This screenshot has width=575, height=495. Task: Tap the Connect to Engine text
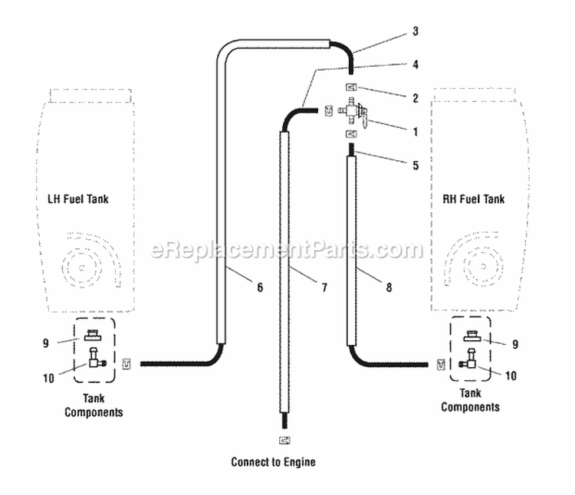tap(273, 462)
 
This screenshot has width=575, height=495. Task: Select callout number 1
tap(415, 131)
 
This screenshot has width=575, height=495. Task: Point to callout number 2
tap(415, 97)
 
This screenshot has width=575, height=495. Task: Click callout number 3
tap(415, 31)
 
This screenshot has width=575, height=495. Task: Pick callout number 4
tap(415, 64)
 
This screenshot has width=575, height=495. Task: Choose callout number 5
tap(415, 164)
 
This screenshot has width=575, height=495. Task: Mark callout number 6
tap(259, 287)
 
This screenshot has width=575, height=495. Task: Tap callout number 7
tap(324, 287)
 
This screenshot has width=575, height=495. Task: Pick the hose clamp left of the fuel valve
tap(329, 110)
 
